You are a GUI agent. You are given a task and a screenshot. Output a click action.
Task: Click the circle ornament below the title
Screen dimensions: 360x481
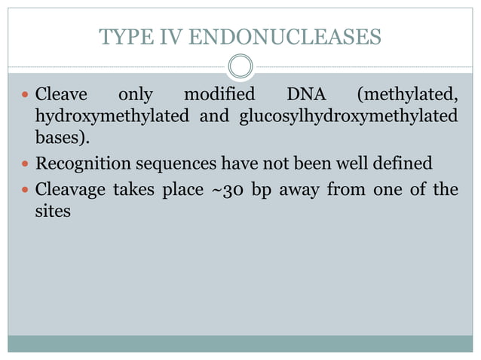tap(240, 66)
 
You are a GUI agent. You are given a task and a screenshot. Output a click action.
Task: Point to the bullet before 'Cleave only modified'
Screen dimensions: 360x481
tap(26, 96)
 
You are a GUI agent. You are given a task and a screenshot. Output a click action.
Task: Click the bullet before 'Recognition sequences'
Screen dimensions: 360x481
tap(26, 164)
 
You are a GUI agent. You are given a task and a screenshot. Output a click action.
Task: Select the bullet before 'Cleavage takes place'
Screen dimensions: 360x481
tap(26, 189)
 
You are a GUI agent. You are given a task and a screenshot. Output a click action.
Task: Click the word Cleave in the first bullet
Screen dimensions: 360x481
tap(61, 96)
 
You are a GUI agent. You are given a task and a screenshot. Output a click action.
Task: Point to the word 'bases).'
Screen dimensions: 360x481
tap(57, 140)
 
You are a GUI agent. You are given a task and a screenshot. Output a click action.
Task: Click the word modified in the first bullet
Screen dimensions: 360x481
tap(219, 96)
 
